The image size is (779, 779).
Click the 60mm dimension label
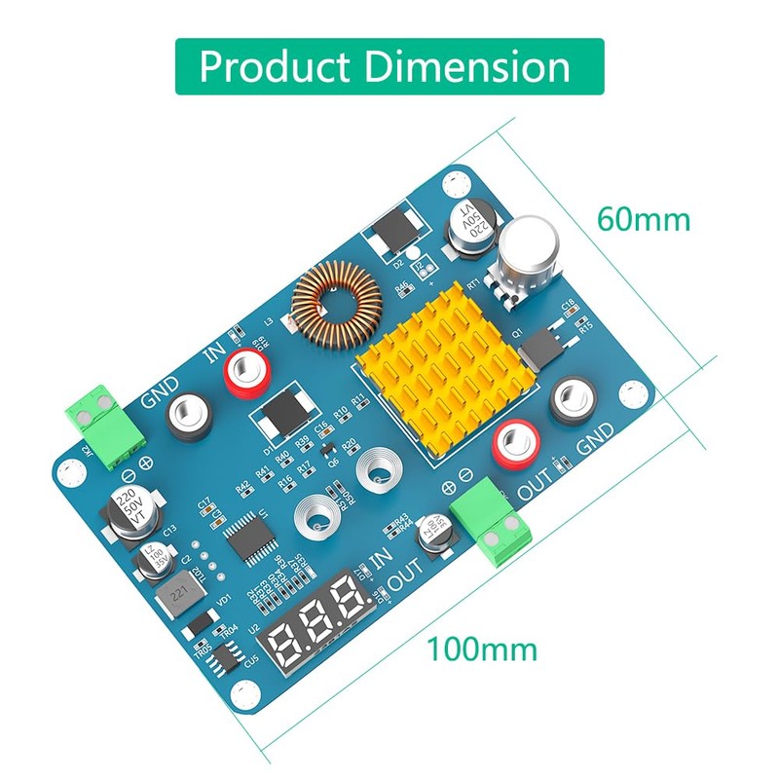click(x=644, y=219)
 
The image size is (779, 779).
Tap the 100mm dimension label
click(x=480, y=649)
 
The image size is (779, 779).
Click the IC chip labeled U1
click(x=243, y=536)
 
